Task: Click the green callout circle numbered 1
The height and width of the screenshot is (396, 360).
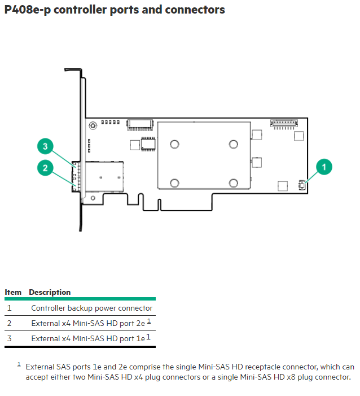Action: click(324, 167)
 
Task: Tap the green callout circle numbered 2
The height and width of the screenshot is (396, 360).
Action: click(45, 168)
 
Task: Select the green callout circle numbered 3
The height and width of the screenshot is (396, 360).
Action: click(45, 146)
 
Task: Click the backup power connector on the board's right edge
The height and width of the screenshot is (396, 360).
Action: click(301, 185)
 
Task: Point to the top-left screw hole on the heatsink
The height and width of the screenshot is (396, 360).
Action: click(174, 145)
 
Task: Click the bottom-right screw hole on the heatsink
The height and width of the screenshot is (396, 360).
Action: click(234, 183)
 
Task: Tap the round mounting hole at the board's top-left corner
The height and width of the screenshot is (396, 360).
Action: click(93, 125)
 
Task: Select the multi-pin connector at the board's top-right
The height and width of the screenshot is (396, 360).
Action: click(284, 124)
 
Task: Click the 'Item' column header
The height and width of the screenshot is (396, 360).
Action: click(13, 292)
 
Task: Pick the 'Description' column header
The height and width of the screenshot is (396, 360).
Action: click(50, 292)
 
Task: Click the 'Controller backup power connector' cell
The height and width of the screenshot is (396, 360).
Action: click(92, 308)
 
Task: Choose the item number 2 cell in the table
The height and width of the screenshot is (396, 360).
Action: click(10, 323)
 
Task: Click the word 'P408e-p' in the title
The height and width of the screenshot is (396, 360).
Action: click(28, 10)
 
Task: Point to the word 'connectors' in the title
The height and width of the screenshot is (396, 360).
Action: click(195, 10)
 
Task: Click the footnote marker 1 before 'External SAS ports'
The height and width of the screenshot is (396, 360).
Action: click(19, 364)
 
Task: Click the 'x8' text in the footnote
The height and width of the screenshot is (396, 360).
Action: click(291, 377)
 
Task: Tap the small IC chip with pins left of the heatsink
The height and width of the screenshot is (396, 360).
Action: click(148, 144)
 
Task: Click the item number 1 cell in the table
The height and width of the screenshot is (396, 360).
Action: click(10, 308)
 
